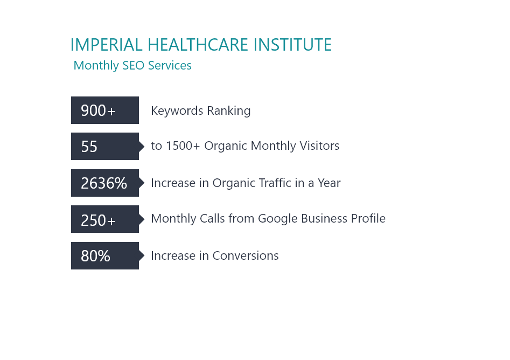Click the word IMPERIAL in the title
click(x=106, y=45)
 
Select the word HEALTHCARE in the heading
click(x=198, y=45)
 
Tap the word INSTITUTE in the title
click(x=292, y=45)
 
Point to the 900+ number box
click(x=105, y=110)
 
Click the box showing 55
click(x=105, y=147)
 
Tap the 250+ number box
click(x=105, y=219)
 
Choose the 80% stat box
click(x=105, y=256)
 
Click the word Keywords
click(x=177, y=111)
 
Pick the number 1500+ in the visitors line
click(x=183, y=146)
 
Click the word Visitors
click(x=319, y=146)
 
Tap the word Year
click(x=329, y=183)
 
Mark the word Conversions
click(x=246, y=256)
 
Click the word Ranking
click(x=229, y=111)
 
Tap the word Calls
click(x=212, y=218)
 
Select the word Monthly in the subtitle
click(x=96, y=66)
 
